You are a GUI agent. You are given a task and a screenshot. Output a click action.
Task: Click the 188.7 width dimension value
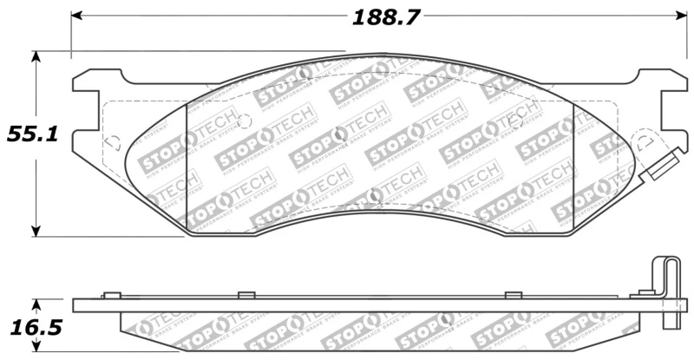point(379,16)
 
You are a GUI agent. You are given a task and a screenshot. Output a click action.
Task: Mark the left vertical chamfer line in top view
point(187,165)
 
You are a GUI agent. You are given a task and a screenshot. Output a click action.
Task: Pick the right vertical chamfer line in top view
point(573,165)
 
